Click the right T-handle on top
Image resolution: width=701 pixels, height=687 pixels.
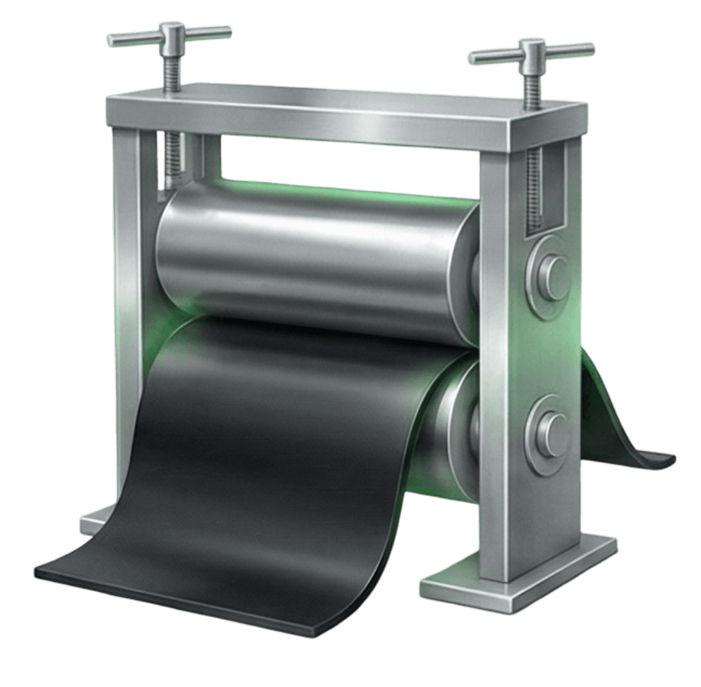pos(531,51)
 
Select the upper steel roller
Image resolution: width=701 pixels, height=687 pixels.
pos(312,260)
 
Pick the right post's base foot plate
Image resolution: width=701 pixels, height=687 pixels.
pos(519,575)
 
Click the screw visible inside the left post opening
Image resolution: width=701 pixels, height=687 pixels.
pos(173,162)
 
